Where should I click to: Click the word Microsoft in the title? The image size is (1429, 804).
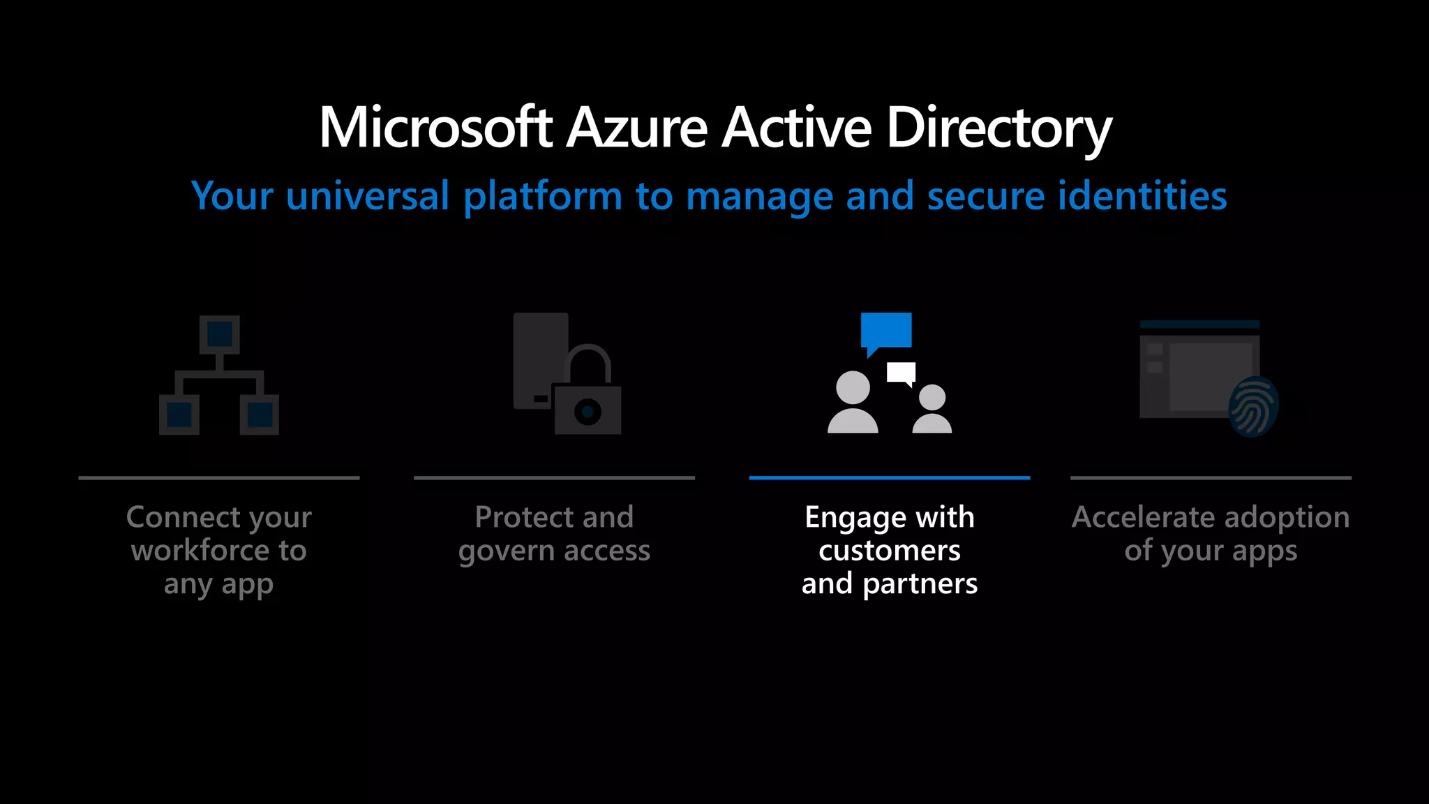[x=435, y=128]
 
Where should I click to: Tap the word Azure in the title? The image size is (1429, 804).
[x=637, y=128]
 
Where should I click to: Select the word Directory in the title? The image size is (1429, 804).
[x=998, y=129]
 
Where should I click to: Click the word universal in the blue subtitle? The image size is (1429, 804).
[x=367, y=195]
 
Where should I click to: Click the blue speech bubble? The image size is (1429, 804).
[x=886, y=330]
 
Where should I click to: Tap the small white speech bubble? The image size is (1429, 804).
[x=901, y=373]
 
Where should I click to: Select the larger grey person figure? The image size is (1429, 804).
[x=853, y=403]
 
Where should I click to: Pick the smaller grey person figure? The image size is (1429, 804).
[x=932, y=409]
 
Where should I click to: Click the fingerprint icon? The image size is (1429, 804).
[x=1253, y=407]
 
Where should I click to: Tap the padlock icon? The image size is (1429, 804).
[x=588, y=394]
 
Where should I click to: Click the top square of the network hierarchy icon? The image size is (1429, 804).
[x=220, y=334]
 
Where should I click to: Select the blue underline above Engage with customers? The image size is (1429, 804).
[x=890, y=478]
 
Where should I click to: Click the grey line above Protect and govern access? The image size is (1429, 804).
[x=554, y=478]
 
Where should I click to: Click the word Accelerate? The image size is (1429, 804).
[x=1142, y=517]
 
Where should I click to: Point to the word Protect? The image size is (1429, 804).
[x=524, y=517]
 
